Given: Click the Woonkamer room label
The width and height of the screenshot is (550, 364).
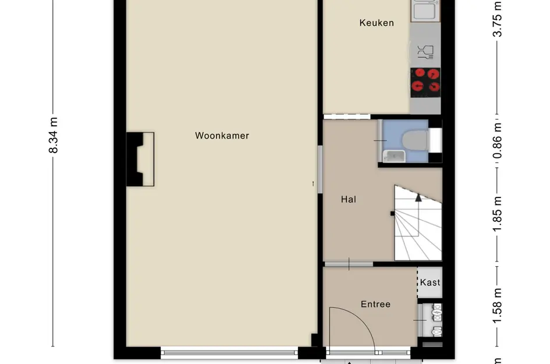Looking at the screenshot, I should (x=222, y=136).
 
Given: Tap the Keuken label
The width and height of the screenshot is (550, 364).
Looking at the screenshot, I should (x=377, y=23).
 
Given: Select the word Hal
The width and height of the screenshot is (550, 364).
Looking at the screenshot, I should (x=348, y=199).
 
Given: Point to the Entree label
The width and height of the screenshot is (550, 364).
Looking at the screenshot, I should (x=375, y=304).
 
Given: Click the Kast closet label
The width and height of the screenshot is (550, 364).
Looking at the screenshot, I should (x=430, y=282).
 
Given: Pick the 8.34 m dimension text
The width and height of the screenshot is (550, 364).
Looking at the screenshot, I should (x=53, y=135).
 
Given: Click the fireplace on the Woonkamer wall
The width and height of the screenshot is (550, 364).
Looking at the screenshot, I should (x=141, y=159).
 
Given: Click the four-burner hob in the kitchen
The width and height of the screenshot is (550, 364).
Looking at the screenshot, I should (x=425, y=82).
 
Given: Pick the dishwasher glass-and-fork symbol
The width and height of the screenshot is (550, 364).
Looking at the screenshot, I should (x=425, y=52).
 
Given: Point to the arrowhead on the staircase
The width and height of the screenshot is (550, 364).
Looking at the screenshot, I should (x=418, y=197).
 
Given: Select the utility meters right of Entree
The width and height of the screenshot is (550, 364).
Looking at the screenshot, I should (x=434, y=319).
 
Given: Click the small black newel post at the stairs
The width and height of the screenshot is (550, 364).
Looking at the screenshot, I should (x=392, y=213).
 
